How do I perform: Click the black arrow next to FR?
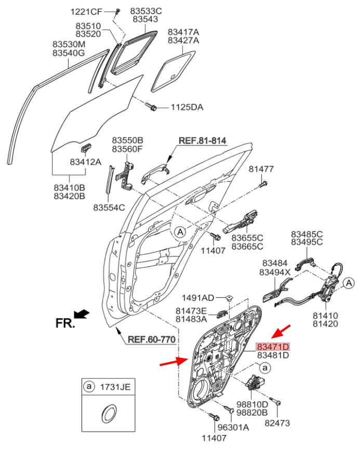point(82,314)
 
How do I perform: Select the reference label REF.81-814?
point(203,140)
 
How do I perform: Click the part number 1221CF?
point(87,11)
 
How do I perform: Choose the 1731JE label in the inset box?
point(115,387)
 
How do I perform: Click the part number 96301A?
point(233,427)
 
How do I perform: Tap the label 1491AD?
point(197,297)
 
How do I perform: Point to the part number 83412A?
point(85,162)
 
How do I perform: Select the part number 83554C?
point(109,207)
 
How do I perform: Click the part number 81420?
point(325,324)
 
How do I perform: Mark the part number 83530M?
point(69,45)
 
